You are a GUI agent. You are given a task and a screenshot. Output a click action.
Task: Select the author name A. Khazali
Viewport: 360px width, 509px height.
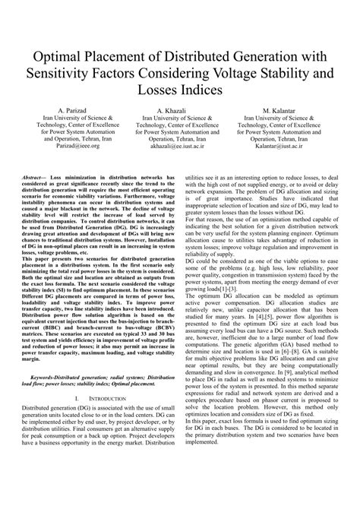pyautogui.click(x=180, y=111)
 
